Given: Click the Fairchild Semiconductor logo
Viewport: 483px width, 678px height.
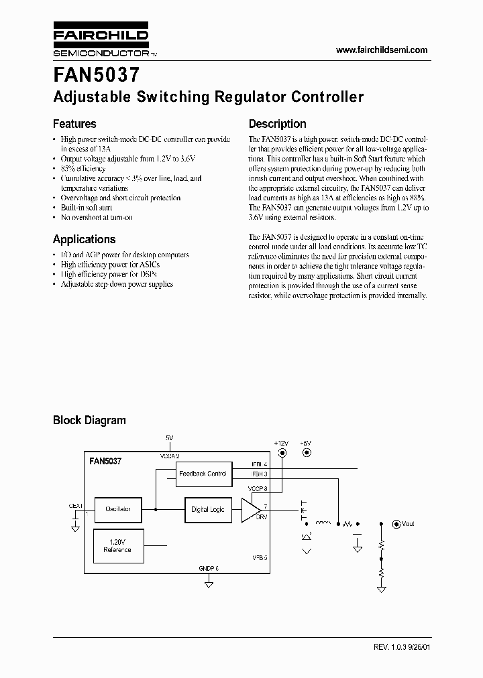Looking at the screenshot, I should coord(101,42).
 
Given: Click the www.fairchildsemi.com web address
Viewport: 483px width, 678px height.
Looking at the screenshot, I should coord(381,50).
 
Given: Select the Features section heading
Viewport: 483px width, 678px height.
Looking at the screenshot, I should coord(74,124).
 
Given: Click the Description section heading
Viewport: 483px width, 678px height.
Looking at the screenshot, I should coord(277,124).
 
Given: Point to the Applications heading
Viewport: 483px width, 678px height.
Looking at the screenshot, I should coord(84,239).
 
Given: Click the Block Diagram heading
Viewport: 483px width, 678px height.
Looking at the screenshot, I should coord(89,420).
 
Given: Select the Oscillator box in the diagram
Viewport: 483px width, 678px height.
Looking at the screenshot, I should coord(117,509).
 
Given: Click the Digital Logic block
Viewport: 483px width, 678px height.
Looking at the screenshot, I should coord(208,509).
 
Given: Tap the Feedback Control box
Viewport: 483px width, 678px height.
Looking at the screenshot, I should coord(203,474).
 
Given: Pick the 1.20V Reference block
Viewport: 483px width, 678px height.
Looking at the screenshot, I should coord(117,545).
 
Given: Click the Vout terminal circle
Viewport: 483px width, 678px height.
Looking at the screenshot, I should coord(396,523).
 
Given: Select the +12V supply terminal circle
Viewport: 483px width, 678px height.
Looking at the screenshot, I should coord(282,453).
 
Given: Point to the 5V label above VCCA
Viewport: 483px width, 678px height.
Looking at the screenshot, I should coord(169,437).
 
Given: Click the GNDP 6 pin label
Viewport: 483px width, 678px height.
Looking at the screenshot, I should coord(209,568).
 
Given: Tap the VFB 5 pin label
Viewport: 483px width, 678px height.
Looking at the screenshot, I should coord(260,557).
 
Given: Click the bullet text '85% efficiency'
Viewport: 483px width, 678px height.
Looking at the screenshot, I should coord(83,169).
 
